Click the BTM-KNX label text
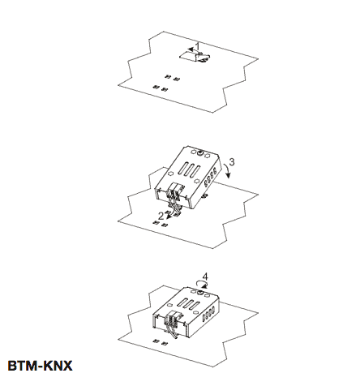(40, 366)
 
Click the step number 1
(198, 45)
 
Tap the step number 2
(161, 216)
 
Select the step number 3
(232, 161)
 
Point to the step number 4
(205, 277)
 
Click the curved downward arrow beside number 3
(228, 171)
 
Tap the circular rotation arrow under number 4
(202, 284)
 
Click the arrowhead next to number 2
(167, 217)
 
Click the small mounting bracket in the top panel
(195, 56)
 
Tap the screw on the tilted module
(200, 153)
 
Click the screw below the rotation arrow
(200, 293)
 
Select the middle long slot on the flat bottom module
(190, 304)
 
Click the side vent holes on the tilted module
(210, 178)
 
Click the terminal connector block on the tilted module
(176, 190)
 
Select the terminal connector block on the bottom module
(174, 318)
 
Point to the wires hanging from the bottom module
(173, 332)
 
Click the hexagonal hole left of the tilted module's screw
(193, 152)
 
